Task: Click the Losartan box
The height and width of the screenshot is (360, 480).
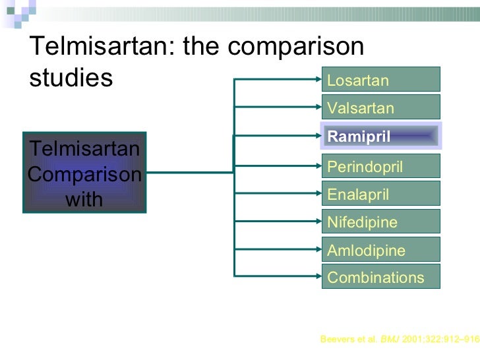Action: (380, 80)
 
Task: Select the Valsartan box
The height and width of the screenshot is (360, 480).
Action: (380, 107)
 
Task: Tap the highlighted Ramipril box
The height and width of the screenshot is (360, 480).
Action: (380, 136)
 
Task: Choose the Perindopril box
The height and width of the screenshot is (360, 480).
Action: (380, 166)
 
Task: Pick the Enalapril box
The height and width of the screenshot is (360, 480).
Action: (380, 194)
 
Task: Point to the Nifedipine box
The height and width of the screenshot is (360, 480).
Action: (380, 222)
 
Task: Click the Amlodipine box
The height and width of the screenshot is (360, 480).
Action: (380, 250)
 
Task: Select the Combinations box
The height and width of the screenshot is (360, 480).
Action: (380, 277)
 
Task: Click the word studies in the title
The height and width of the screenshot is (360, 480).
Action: (71, 78)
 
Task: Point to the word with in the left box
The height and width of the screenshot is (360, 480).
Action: (84, 199)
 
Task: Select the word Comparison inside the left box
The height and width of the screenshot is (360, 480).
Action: (84, 175)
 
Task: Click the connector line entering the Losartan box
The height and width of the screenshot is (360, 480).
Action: (277, 80)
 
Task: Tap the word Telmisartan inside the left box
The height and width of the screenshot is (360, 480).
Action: (84, 149)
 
